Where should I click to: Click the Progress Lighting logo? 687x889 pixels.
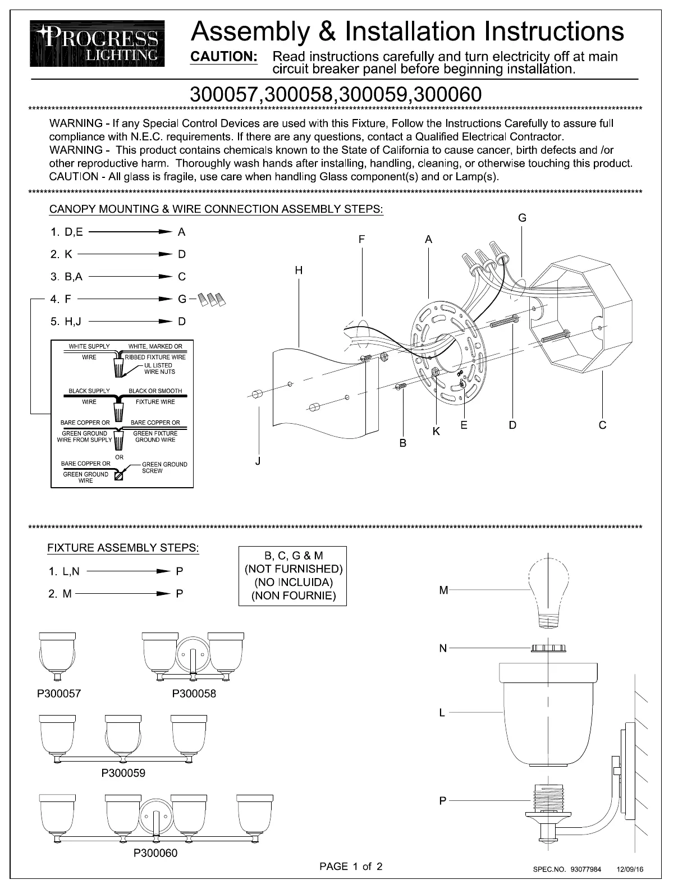98,44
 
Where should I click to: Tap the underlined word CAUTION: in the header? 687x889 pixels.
224,57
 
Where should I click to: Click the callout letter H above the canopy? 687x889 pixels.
299,271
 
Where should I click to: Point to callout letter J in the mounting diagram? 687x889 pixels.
258,461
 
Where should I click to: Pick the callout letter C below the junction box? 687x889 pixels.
602,425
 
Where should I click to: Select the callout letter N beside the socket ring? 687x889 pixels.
443,649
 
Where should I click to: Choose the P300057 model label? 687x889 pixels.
59,694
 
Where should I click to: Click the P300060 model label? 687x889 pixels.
155,854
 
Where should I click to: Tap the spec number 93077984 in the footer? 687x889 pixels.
585,869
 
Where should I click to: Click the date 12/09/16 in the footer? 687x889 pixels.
630,869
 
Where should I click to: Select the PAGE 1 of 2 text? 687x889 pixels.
351,867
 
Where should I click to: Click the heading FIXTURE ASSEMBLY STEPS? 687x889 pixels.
123,548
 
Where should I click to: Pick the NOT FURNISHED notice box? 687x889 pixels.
293,576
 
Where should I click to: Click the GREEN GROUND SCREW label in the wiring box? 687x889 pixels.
164,468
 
